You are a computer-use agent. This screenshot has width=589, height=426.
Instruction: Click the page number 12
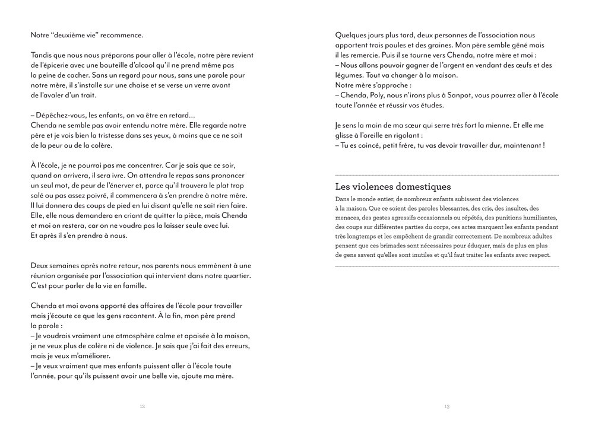(142, 406)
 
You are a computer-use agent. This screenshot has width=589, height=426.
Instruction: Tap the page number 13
(446, 406)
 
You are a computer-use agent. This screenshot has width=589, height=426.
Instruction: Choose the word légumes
(350, 75)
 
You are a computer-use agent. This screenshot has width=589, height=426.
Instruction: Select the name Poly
(379, 96)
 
